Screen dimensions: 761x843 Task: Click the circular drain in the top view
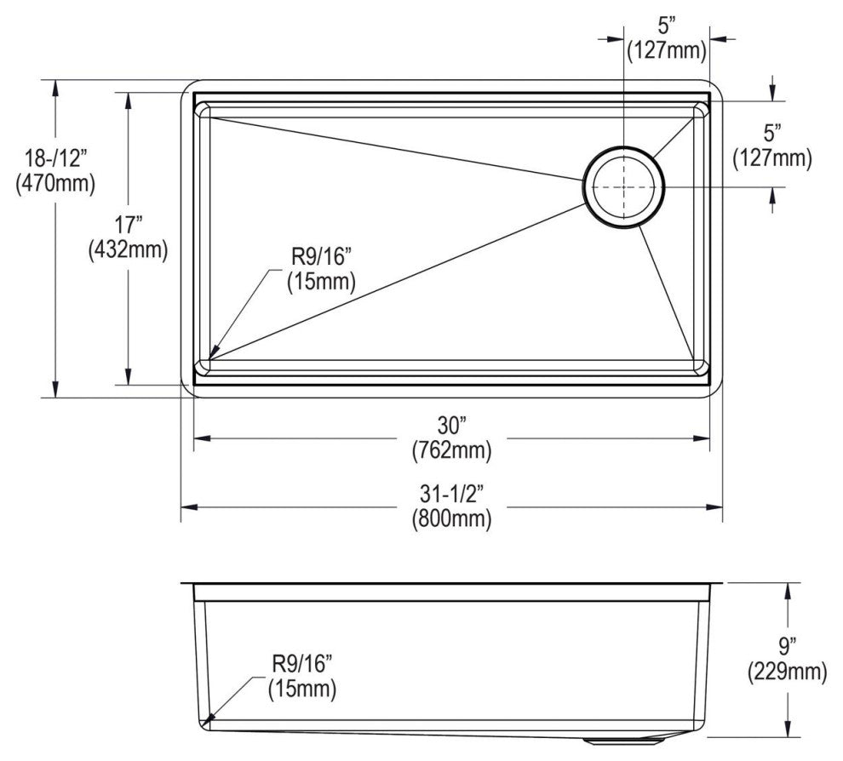(x=624, y=187)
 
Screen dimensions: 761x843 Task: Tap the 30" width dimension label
(x=450, y=425)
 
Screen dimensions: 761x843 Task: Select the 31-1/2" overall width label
(x=450, y=495)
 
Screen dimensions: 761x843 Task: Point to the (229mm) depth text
(x=788, y=672)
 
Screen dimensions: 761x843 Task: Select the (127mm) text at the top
(x=667, y=50)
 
